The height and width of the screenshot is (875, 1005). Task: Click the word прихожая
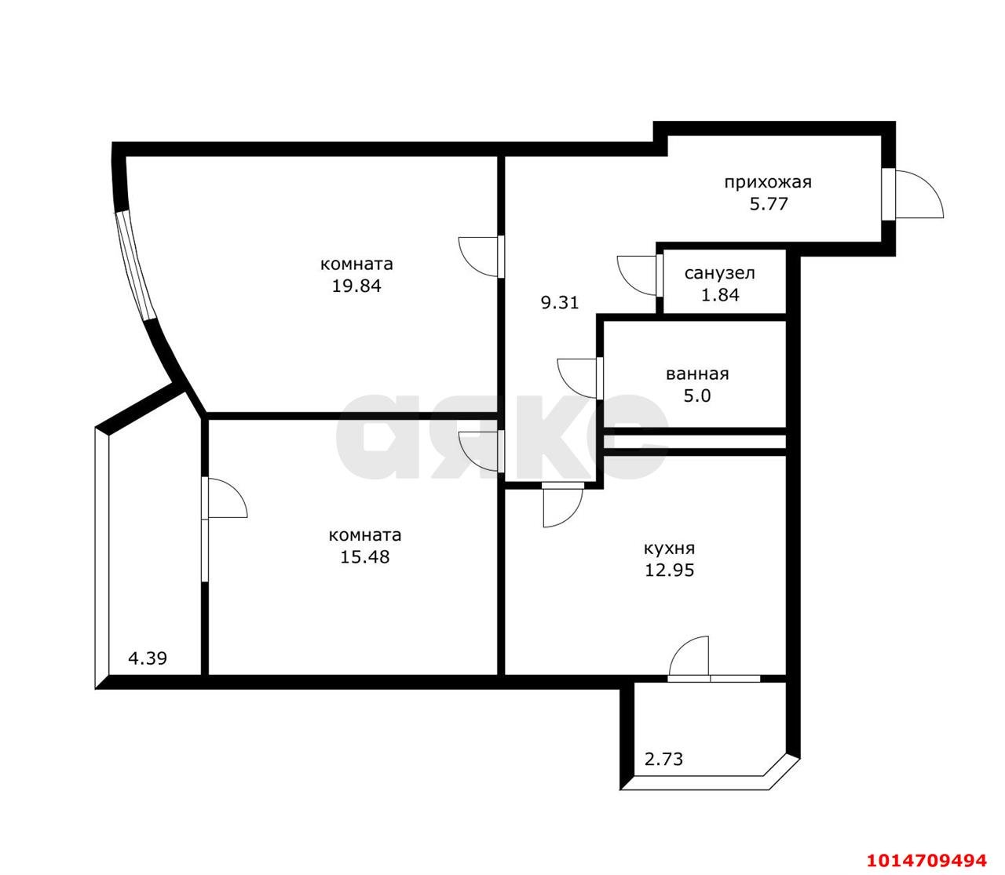767,183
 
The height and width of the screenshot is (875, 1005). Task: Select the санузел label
719,273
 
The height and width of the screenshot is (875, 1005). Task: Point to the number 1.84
719,295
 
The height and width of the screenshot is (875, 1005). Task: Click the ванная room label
697,374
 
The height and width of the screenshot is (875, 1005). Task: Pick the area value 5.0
697,396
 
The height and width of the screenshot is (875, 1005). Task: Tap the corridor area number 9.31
560,302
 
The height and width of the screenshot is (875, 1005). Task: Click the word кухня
669,549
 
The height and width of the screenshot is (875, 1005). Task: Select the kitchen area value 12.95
669,571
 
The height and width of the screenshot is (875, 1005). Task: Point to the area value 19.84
356,286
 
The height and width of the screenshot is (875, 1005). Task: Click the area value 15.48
364,557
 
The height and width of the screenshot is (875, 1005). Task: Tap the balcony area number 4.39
148,658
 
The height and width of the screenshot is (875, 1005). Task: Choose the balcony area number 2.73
664,759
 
